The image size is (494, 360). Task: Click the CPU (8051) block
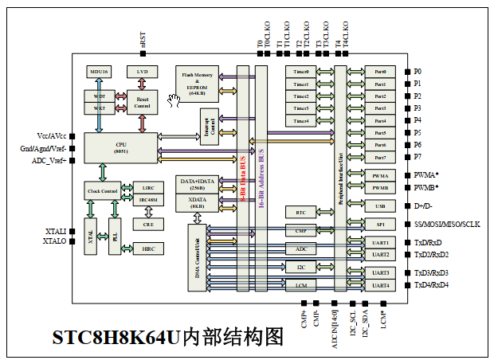(x=121, y=147)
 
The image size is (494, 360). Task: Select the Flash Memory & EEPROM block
(x=197, y=83)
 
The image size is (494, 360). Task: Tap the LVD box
(x=142, y=72)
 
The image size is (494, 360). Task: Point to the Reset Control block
(x=142, y=101)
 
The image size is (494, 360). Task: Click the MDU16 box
(x=100, y=72)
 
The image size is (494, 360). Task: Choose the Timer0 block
(x=301, y=72)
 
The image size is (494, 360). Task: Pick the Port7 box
(x=380, y=156)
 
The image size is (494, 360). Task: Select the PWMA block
(x=380, y=175)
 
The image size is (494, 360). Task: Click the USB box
(x=380, y=206)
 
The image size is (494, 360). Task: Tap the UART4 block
(x=380, y=284)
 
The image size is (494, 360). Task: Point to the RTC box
(x=301, y=213)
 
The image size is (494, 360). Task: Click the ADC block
(x=301, y=249)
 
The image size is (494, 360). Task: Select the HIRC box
(x=148, y=248)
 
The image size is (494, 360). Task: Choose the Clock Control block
(x=101, y=191)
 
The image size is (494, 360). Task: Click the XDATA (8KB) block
(x=197, y=202)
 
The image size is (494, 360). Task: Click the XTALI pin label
(x=56, y=231)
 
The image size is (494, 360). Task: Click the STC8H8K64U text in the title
(x=116, y=338)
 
